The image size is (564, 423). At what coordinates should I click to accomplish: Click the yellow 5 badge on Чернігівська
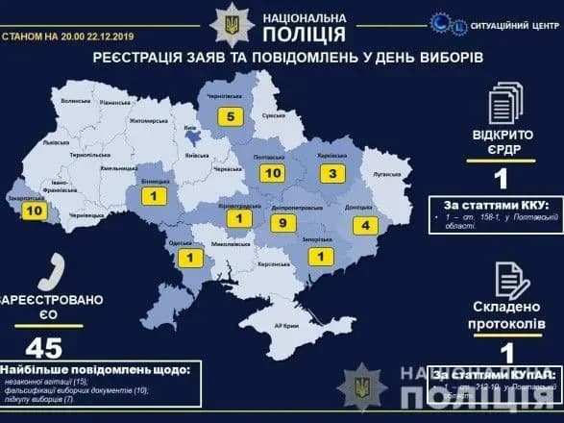pos(231,117)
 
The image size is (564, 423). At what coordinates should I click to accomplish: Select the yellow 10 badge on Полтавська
pos(273,174)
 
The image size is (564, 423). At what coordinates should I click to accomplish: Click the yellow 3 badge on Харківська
pos(331,175)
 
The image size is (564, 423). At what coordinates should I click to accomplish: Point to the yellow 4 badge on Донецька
pos(367,226)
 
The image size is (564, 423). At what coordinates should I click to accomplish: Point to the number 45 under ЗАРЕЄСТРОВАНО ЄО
pos(40,348)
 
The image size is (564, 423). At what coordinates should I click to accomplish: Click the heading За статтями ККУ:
pos(496,205)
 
